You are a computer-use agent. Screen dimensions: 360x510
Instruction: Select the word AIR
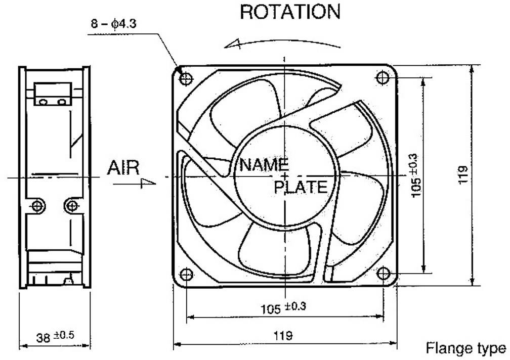123,168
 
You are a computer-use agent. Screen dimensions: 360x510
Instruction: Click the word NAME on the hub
264,164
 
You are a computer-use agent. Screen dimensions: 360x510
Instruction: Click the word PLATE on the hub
301,187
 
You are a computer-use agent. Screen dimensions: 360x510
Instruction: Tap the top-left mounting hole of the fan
186,78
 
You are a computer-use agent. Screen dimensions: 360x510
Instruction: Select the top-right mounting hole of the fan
383,78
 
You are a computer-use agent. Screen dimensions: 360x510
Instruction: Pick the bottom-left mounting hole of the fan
186,274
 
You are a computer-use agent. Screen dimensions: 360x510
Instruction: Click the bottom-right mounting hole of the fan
384,274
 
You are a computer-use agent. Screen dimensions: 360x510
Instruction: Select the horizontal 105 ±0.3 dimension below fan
283,307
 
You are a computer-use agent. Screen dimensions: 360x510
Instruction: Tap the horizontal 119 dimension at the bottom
284,335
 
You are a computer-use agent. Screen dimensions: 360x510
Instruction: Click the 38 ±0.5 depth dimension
55,336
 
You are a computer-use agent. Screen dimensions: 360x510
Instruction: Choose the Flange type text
465,348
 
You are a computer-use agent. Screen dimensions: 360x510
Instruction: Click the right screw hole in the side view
72,206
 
